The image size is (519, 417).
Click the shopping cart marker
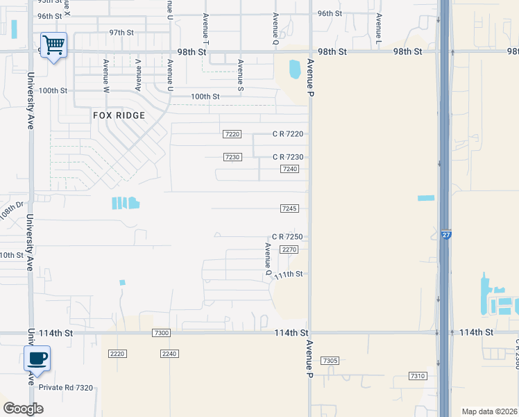click(x=53, y=45)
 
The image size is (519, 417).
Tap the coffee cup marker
click(x=37, y=359)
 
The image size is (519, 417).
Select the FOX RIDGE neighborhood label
click(x=119, y=115)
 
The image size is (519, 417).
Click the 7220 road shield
click(x=232, y=134)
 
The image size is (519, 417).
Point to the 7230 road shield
click(x=232, y=157)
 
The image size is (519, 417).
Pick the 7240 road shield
click(x=290, y=169)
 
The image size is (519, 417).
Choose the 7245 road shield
click(x=290, y=208)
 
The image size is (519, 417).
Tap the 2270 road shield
click(x=289, y=250)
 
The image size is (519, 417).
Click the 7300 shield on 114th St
click(x=161, y=334)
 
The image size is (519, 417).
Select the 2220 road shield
click(x=117, y=354)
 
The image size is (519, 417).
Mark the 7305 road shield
click(x=330, y=361)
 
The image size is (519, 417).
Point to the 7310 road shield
click(x=417, y=376)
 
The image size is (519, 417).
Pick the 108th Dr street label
click(x=11, y=210)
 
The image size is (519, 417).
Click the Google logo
click(x=23, y=409)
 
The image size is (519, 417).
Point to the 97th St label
click(x=121, y=33)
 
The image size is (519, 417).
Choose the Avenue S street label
click(x=241, y=75)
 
